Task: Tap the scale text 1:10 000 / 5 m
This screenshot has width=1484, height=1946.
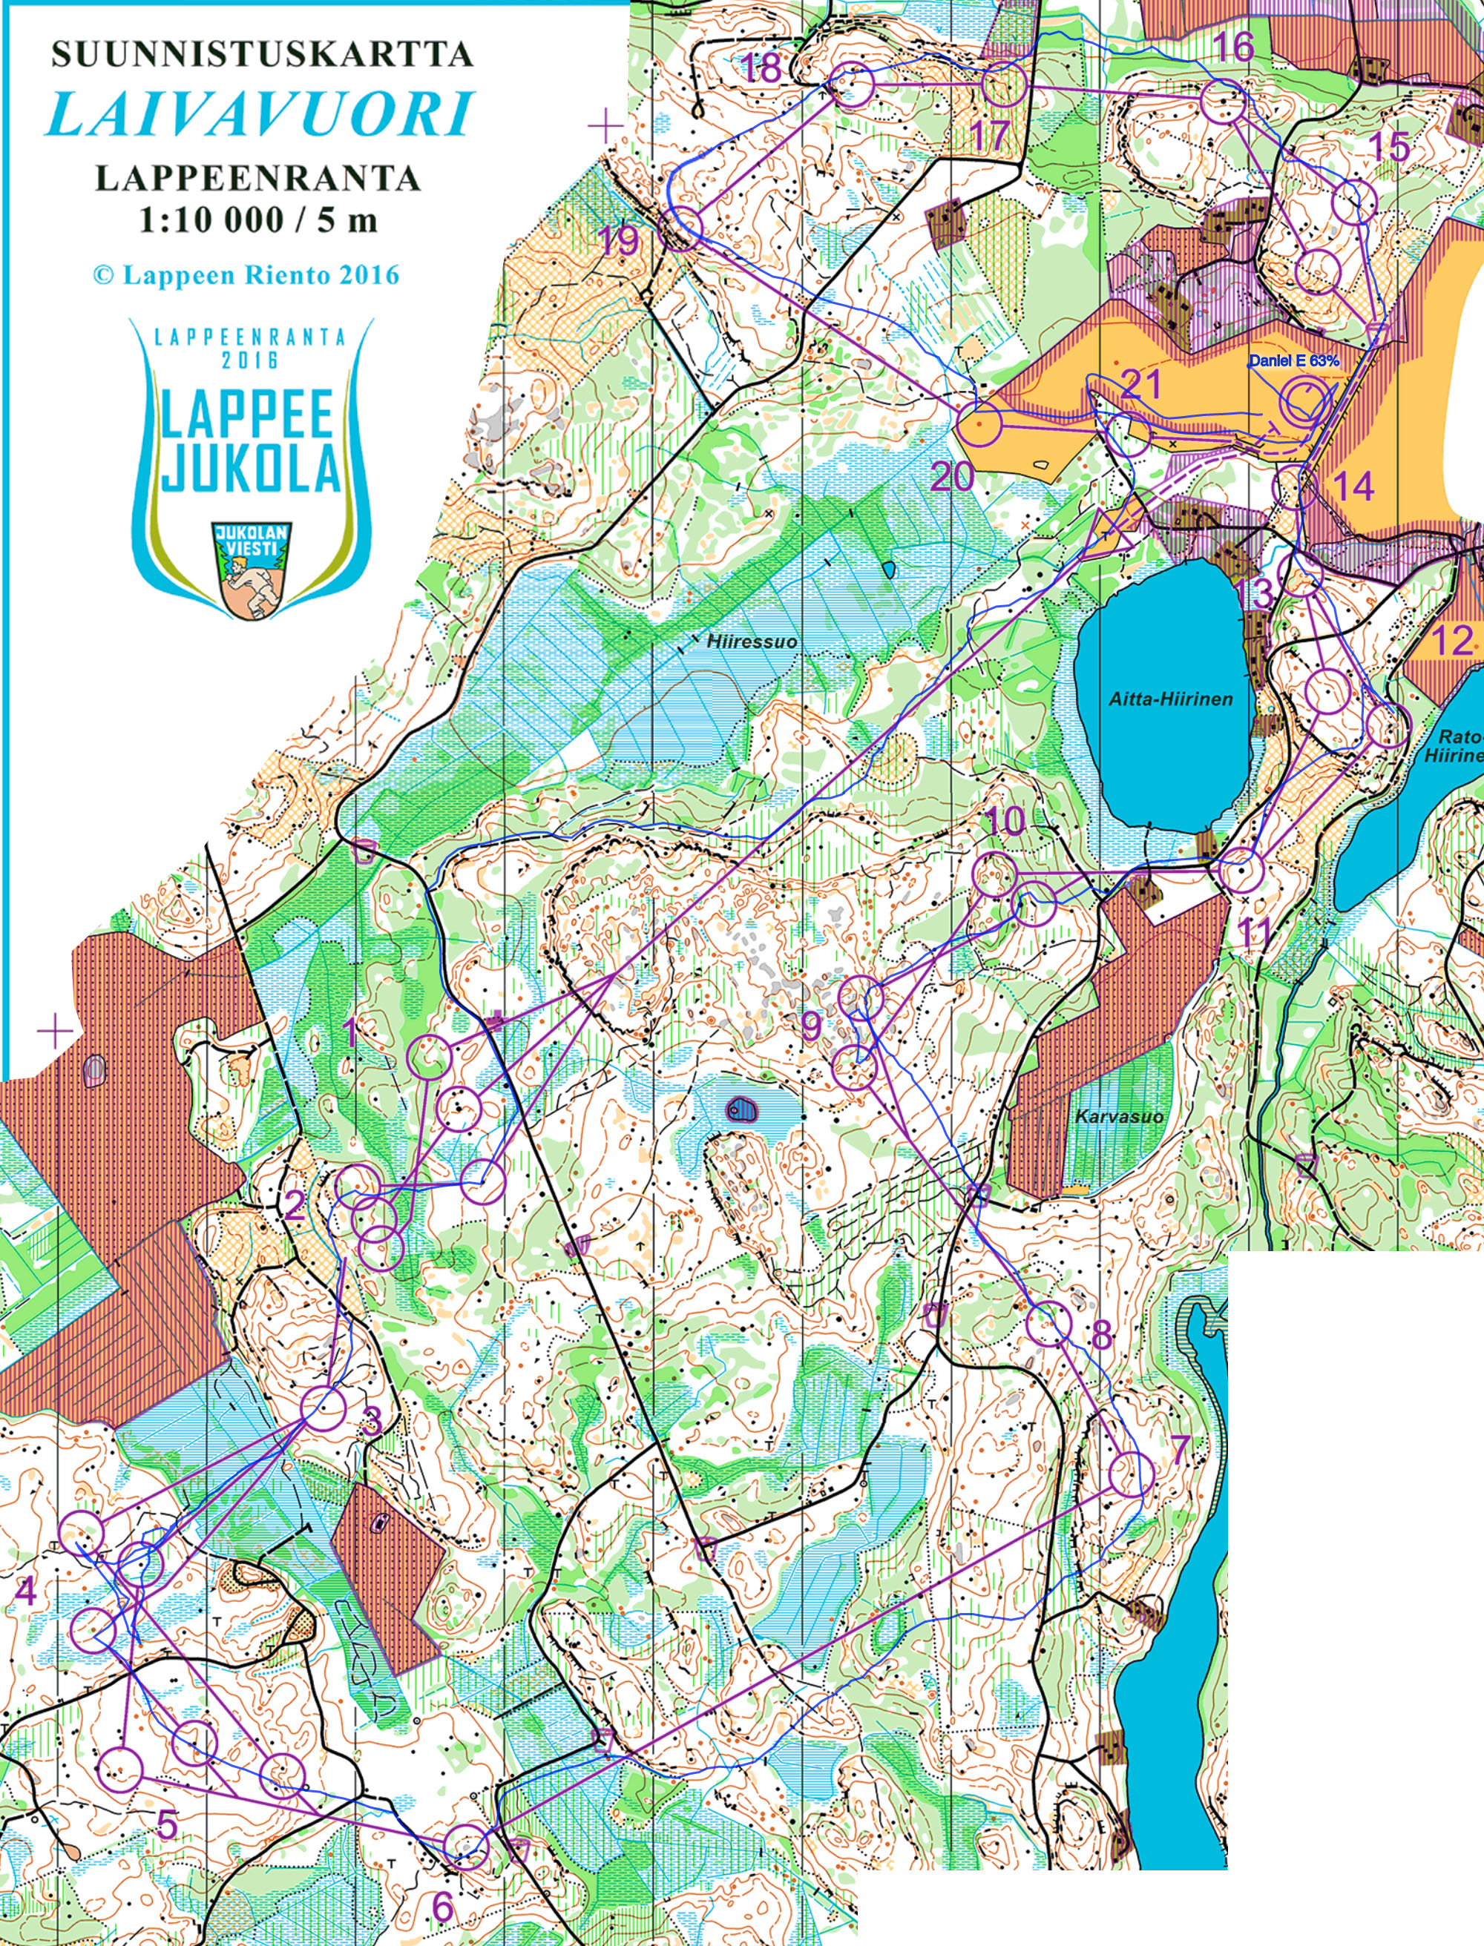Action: tap(258, 220)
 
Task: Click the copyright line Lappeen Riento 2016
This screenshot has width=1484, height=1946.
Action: tap(246, 275)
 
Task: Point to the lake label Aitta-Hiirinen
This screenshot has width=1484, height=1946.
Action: tap(1170, 699)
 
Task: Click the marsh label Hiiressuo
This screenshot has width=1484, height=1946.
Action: tap(752, 642)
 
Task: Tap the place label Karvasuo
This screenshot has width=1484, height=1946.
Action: tap(1118, 1116)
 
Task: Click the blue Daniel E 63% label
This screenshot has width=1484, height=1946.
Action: tap(1293, 360)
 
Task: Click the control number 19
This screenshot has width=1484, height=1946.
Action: tap(618, 240)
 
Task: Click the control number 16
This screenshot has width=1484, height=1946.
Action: tap(1234, 46)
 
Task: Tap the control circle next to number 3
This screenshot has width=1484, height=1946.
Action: tap(324, 1408)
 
